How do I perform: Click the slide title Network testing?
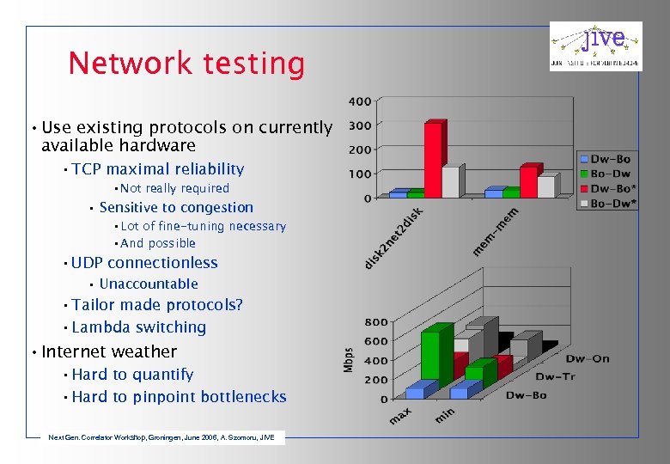(x=186, y=64)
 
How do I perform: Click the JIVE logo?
(x=595, y=46)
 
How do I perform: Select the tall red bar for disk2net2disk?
(x=434, y=159)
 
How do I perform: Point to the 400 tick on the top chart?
(x=360, y=101)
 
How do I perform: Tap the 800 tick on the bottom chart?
(x=375, y=322)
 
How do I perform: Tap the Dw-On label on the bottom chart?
(x=587, y=358)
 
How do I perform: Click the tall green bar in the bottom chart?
(x=436, y=354)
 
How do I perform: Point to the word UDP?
(x=88, y=263)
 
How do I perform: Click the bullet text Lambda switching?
(x=138, y=327)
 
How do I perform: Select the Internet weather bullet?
(x=108, y=351)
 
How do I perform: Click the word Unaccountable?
(x=149, y=284)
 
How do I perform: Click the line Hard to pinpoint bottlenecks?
(x=179, y=397)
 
